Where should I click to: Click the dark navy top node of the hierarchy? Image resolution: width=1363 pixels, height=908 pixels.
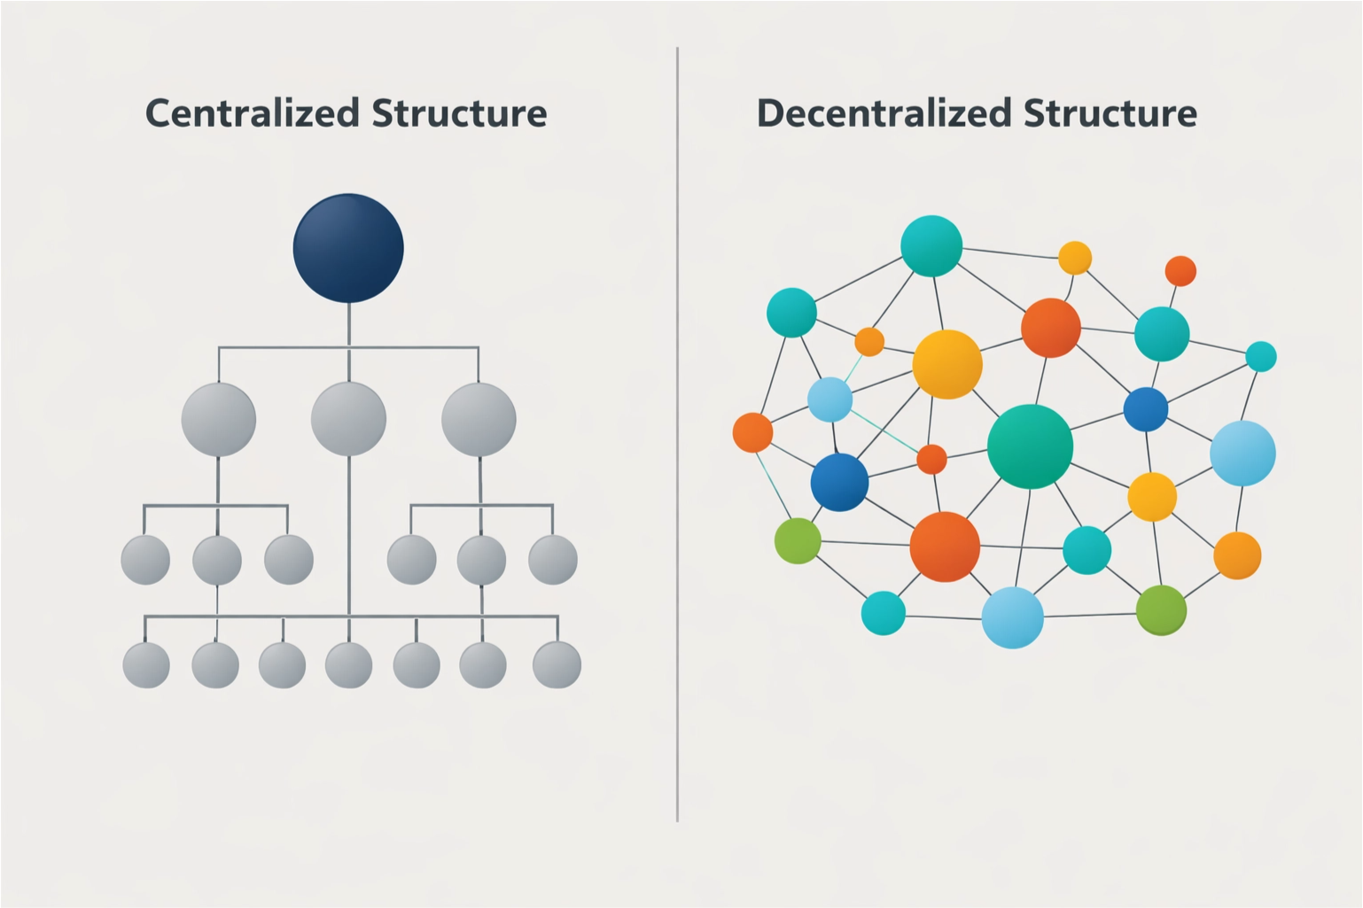[x=348, y=249]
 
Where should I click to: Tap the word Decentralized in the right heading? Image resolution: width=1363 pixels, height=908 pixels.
[x=884, y=113]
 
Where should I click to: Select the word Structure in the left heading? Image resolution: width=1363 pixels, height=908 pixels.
[x=459, y=113]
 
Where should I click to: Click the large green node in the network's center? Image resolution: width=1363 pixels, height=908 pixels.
[x=1030, y=446]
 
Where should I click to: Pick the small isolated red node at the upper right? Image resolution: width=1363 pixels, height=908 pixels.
[x=1180, y=270]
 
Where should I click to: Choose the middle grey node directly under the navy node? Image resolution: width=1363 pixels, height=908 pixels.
[x=348, y=419]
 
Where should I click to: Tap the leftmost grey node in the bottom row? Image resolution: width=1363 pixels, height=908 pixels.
[x=146, y=665]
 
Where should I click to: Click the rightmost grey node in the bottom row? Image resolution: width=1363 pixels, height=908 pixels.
[x=557, y=665]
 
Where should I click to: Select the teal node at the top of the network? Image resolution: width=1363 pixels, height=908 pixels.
[x=931, y=246]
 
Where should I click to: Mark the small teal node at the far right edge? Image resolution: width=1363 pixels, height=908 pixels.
[x=1261, y=356]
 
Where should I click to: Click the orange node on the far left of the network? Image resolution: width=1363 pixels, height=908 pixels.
[x=752, y=432]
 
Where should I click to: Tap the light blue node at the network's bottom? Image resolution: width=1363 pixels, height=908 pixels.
[x=1012, y=617]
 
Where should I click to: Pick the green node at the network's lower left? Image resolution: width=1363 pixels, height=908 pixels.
[x=798, y=540]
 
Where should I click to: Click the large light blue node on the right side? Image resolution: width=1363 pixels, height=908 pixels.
[x=1242, y=454]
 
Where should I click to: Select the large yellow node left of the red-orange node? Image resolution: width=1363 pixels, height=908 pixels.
[x=947, y=364]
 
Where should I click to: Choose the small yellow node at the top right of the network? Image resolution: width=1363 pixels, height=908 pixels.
[x=1075, y=258]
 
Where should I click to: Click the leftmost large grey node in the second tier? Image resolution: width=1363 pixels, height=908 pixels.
[x=219, y=419]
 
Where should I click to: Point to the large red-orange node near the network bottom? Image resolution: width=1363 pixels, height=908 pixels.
[x=945, y=547]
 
